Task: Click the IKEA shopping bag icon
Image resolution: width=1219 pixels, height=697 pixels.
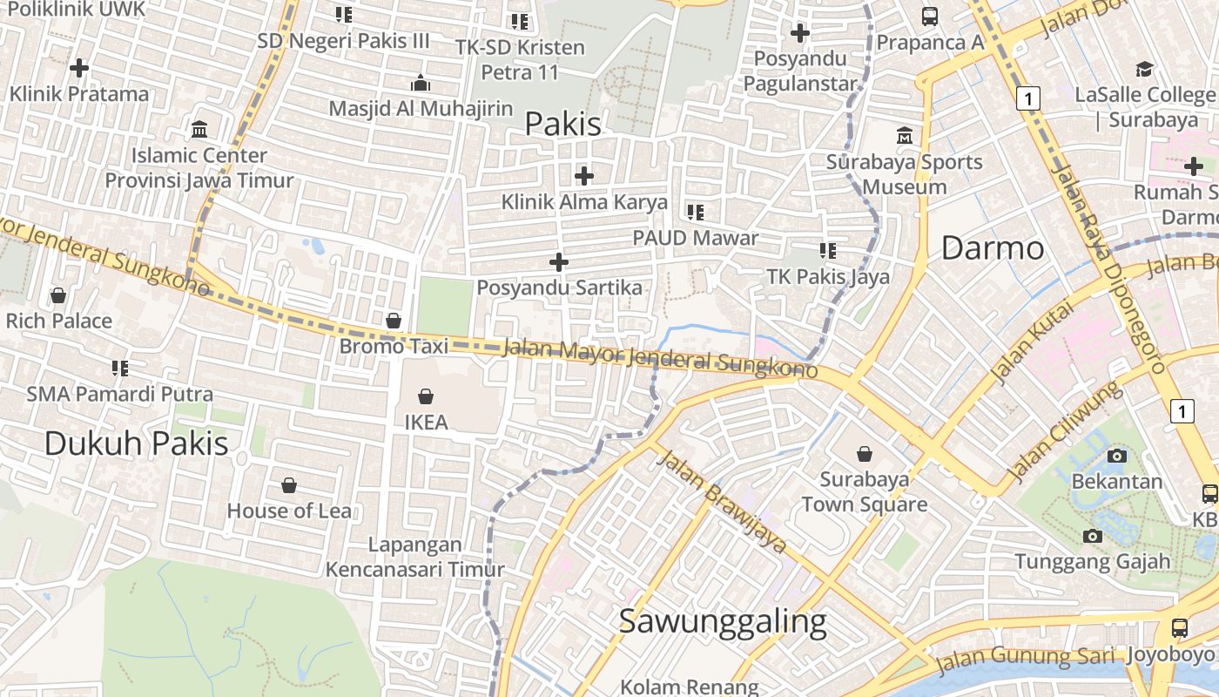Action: tap(426, 397)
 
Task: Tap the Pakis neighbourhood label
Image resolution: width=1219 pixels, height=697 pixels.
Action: tap(562, 125)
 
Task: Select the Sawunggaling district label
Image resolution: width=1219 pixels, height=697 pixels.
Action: tap(722, 622)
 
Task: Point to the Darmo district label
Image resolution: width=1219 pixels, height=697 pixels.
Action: tap(993, 248)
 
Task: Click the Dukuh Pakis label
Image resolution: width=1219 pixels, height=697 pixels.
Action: tap(136, 443)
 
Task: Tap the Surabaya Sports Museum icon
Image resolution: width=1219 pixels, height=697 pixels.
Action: tap(905, 136)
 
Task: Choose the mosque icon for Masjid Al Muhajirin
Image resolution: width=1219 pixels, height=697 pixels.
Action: tap(421, 83)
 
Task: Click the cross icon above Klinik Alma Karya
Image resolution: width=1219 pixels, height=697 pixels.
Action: tap(583, 176)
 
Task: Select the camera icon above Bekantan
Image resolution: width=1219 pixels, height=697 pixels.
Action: tap(1116, 456)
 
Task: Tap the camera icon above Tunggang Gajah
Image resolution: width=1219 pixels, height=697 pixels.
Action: tap(1092, 536)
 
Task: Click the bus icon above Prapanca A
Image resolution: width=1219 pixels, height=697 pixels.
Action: tap(930, 16)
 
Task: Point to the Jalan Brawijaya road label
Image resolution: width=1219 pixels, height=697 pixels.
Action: tap(722, 502)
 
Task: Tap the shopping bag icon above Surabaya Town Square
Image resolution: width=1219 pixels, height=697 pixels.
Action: tap(865, 454)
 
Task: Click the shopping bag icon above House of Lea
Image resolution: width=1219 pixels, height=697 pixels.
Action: tap(288, 485)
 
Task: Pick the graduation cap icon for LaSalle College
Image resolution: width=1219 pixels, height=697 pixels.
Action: tap(1144, 69)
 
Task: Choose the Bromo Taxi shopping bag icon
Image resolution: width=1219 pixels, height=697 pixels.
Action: tap(394, 321)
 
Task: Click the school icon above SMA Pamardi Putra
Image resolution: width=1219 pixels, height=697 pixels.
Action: tap(120, 369)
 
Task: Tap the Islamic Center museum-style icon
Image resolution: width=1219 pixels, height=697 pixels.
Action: tap(199, 130)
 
